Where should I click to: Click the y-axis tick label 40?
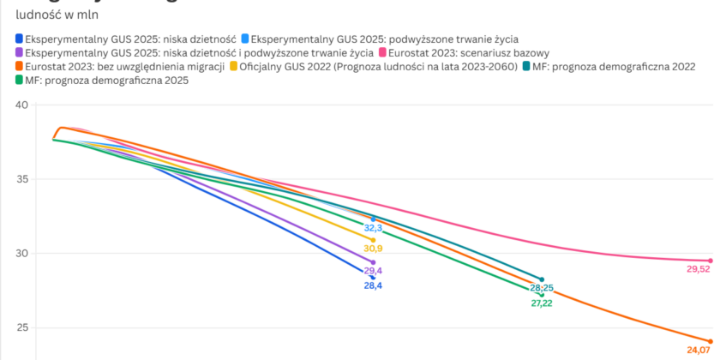point(21,105)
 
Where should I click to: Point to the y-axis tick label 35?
point(21,179)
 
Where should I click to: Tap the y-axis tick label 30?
point(21,254)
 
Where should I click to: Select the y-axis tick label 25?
point(21,327)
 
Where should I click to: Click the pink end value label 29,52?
point(699,268)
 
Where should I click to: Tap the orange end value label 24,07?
point(699,350)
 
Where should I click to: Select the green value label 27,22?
point(542,303)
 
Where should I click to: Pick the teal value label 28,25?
point(542,288)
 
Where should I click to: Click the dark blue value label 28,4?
point(373,285)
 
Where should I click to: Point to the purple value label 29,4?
point(373,271)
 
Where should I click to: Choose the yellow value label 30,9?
point(373,249)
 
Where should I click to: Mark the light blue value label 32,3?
point(373,228)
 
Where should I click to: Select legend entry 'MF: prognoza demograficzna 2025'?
point(107,80)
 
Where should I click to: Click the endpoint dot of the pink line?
point(711,261)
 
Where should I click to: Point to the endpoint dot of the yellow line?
point(373,240)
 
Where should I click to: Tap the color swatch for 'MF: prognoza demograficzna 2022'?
point(525,66)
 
